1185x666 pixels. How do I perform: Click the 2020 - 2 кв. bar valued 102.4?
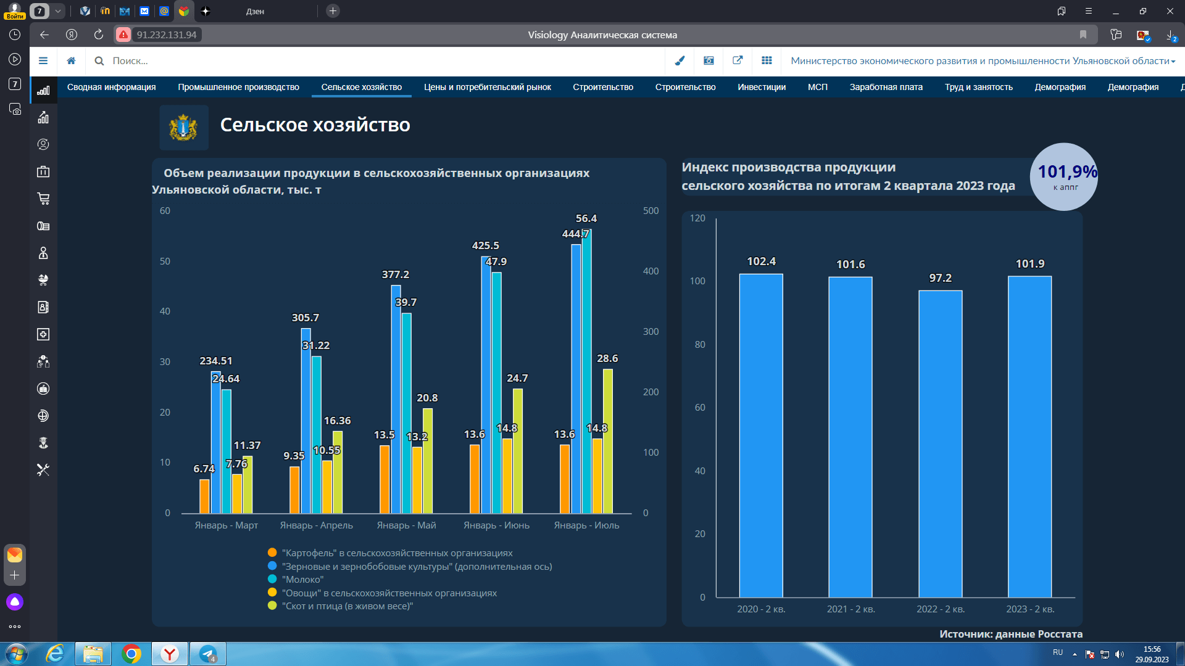coord(761,435)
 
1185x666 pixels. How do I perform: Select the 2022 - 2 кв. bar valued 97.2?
coord(940,444)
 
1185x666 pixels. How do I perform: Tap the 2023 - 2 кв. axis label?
coord(1030,609)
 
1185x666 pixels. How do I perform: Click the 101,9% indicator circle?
coord(1064,177)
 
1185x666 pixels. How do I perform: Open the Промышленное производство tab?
coord(238,87)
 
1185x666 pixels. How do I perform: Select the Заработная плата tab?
coord(886,87)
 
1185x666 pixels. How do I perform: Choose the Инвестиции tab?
coord(762,87)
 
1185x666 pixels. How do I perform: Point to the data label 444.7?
coord(575,234)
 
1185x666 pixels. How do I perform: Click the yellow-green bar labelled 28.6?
coord(607,441)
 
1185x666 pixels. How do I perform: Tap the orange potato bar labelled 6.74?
coord(204,496)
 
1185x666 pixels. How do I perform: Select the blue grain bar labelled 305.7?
coord(306,421)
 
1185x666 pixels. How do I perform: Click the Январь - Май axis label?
coord(406,525)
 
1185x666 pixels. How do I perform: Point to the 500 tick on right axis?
coord(651,211)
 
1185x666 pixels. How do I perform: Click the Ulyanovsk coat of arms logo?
coord(183,128)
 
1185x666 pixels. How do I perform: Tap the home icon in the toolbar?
coord(72,61)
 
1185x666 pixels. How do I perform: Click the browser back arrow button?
coord(44,35)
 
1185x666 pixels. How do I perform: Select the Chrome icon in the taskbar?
coord(131,654)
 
